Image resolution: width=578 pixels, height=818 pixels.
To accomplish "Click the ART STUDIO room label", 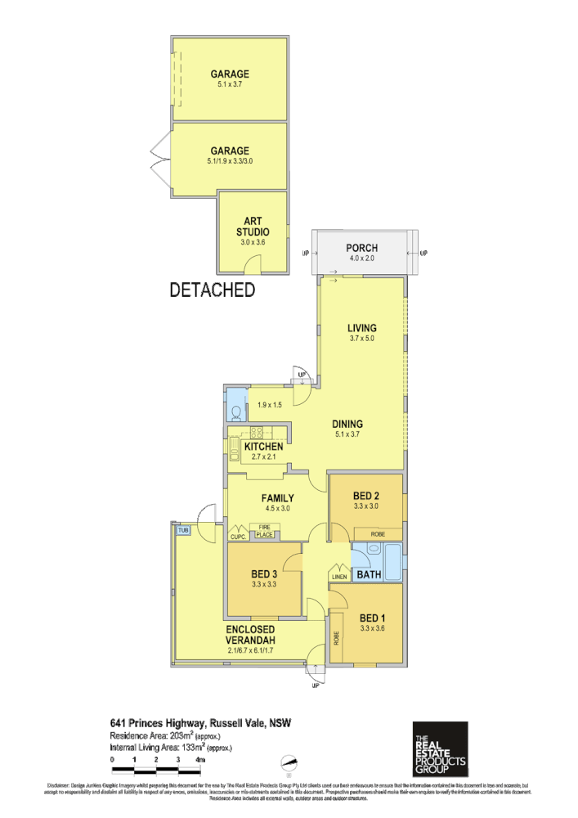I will coord(253,227).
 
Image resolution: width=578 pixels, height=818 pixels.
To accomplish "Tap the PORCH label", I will coord(361,248).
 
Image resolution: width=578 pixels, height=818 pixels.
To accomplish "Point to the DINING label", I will coord(347,424).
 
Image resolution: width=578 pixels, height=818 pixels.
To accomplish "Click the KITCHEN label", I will coord(263,447).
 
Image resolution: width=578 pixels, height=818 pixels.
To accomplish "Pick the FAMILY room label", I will coord(277,497).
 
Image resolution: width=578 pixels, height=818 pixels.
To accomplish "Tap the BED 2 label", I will coord(365,496).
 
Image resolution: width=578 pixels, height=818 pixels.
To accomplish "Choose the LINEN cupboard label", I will coord(340,578).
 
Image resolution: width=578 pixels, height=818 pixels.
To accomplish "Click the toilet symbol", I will coord(236,411).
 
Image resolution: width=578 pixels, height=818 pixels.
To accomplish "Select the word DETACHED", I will coord(212,290).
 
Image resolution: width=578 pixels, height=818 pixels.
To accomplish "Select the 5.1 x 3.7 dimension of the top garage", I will coord(230,84).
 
